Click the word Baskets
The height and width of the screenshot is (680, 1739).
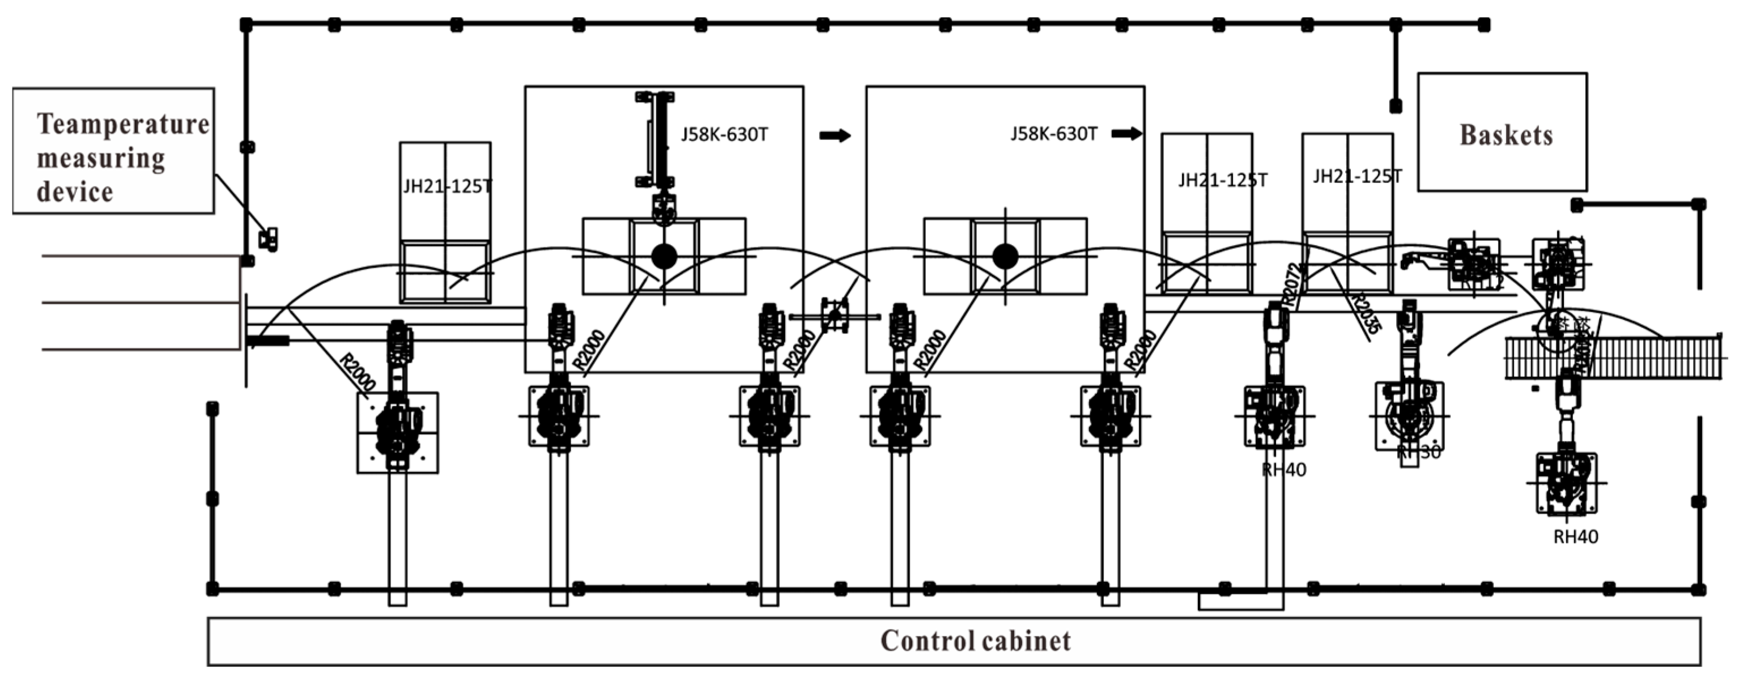point(1506,135)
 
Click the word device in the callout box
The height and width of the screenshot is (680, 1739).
point(74,192)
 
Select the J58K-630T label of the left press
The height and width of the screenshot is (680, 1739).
point(724,134)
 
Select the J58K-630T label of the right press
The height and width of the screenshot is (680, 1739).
point(1053,134)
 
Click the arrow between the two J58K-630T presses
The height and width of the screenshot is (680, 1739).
point(835,136)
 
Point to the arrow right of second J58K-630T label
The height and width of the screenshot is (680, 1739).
point(1126,134)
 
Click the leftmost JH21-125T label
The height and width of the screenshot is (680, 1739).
point(447,186)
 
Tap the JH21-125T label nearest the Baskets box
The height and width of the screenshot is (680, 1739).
point(1357,176)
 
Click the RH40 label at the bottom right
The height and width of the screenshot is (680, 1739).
point(1576,537)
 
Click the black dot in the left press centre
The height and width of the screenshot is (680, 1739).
point(664,256)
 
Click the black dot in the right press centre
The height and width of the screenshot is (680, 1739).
point(1005,256)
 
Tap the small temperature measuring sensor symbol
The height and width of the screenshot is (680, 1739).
point(268,239)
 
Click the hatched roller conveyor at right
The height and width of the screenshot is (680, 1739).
point(1613,358)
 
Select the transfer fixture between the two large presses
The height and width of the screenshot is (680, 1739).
point(835,316)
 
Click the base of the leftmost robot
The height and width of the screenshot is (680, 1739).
point(397,432)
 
